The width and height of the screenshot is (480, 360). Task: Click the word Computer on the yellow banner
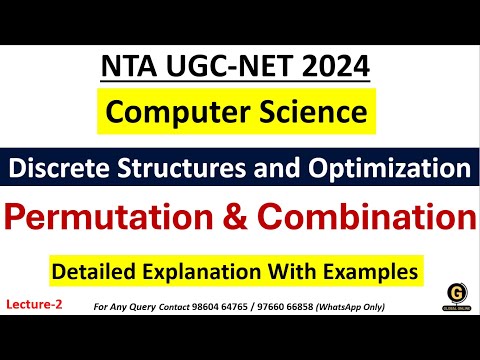(x=169, y=114)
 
